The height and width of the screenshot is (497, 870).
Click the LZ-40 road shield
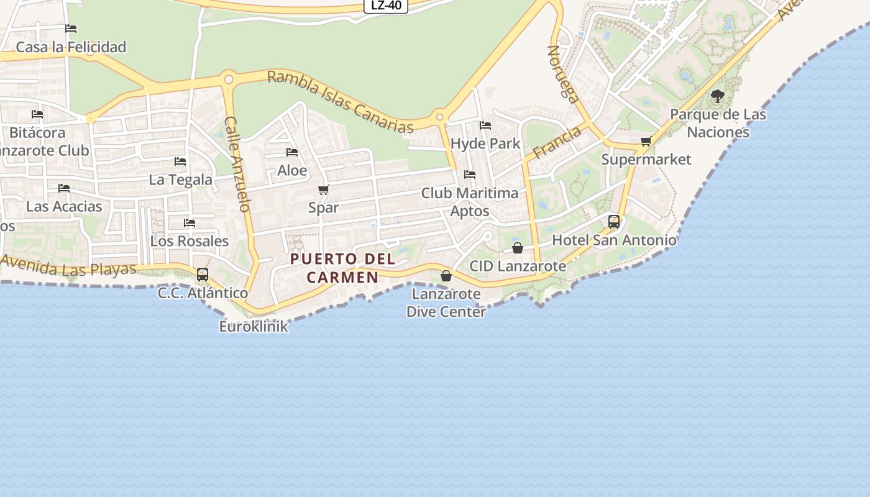[x=386, y=6]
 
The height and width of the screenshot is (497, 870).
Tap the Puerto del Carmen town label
[x=342, y=268]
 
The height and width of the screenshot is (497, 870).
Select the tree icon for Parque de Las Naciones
[x=718, y=96]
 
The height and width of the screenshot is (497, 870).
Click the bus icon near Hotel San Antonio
[x=614, y=221]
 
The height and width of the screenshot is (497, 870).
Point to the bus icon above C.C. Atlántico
[x=203, y=274]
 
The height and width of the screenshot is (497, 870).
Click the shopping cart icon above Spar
[x=323, y=189]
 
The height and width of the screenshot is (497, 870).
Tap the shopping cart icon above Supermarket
[x=646, y=141]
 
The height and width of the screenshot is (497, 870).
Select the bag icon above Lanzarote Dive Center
[x=446, y=276]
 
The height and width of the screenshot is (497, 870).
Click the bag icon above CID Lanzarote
[x=518, y=248]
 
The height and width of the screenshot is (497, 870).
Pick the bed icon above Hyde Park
[x=485, y=125]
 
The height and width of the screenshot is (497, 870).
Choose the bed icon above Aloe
[x=292, y=152]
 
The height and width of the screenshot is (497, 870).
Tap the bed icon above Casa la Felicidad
[x=71, y=29]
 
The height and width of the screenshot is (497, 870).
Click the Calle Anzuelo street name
[x=237, y=164]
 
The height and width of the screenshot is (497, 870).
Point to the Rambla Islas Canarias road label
[x=340, y=102]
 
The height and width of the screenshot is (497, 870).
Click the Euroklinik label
[x=254, y=326]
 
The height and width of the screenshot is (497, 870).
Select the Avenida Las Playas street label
[x=68, y=268]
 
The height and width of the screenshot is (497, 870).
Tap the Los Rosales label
[x=190, y=240]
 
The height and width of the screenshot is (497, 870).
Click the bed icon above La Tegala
[x=180, y=162]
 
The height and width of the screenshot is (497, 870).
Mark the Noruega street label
[x=562, y=73]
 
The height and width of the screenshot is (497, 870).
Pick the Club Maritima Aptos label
[x=470, y=202]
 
